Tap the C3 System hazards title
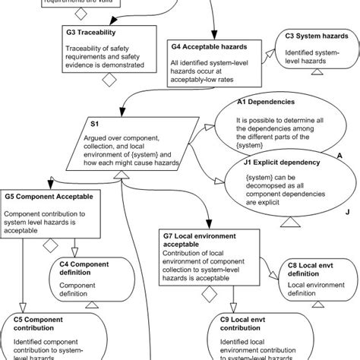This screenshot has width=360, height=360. point(312,36)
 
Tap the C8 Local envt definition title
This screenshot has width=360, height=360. point(310,268)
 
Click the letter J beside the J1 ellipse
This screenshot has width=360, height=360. point(346,213)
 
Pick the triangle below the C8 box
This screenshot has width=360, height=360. point(311,303)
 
